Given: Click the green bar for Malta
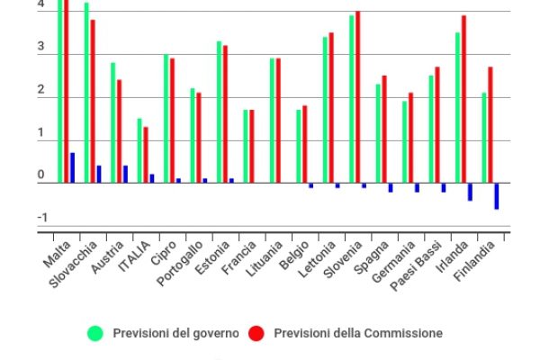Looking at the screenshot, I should pyautogui.click(x=60, y=90).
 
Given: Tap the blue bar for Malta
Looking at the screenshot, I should pyautogui.click(x=72, y=167).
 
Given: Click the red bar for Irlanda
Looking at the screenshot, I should pyautogui.click(x=463, y=99).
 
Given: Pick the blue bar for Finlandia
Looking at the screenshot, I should pyautogui.click(x=496, y=196).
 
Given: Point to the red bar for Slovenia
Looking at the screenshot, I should pyautogui.click(x=357, y=96).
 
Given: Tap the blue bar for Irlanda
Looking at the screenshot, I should pyautogui.click(x=470, y=192).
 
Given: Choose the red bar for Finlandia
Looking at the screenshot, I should pyautogui.click(x=490, y=124).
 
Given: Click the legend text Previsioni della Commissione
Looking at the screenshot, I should pyautogui.click(x=358, y=334).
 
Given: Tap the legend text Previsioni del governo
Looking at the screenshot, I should pyautogui.click(x=176, y=334).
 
